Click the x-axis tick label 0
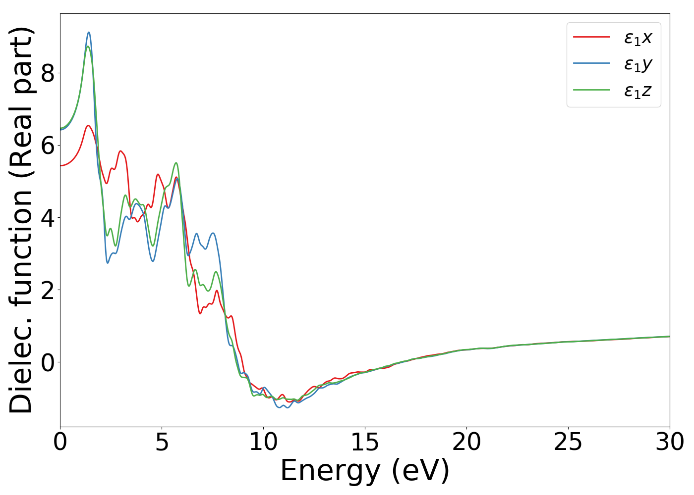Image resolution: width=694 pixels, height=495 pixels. pos(60,442)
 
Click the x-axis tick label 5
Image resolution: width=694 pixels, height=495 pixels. pos(162,442)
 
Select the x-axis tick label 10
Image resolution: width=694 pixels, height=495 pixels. pos(263,442)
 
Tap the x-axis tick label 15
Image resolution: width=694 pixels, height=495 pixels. pos(365,442)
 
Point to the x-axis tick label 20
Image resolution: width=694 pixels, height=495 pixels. pos(466,442)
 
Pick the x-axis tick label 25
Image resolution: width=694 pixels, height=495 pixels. pos(568,442)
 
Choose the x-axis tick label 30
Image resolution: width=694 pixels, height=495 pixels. pos(670,442)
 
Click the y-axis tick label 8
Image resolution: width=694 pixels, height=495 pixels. pos(48,73)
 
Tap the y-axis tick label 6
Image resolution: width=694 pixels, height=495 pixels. pos(48,146)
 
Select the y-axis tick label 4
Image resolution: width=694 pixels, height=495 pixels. pos(48,218)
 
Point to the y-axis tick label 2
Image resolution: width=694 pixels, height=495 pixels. pos(48,290)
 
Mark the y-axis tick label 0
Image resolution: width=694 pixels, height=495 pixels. pos(48,362)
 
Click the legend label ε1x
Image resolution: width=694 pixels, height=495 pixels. pos(637,38)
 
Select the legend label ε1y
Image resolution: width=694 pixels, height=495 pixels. pos(637,64)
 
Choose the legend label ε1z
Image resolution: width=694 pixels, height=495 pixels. pos(637,91)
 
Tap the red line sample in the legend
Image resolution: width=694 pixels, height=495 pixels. pos(591,37)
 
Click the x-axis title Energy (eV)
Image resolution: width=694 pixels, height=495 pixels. pos(365,470)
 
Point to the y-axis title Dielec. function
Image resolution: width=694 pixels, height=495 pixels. pos(21,220)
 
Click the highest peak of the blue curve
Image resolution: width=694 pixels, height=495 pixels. pos(89,32)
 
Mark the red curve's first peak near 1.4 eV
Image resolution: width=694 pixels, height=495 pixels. pos(88,125)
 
